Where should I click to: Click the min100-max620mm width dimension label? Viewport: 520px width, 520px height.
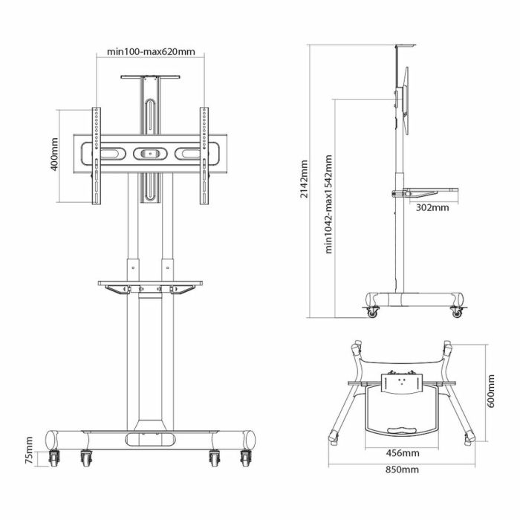(x=151, y=52)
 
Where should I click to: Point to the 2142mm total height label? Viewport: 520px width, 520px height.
(x=303, y=182)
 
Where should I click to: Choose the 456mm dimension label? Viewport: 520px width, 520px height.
(x=403, y=452)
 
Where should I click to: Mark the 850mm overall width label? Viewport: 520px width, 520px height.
(x=403, y=469)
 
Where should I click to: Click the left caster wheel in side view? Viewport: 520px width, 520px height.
(x=371, y=311)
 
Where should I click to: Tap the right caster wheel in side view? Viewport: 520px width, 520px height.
(x=457, y=312)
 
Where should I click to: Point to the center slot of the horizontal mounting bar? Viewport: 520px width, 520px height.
(x=151, y=155)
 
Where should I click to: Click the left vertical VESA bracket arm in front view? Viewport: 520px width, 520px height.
(x=97, y=155)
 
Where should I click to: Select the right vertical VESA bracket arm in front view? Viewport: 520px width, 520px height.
(x=204, y=155)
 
